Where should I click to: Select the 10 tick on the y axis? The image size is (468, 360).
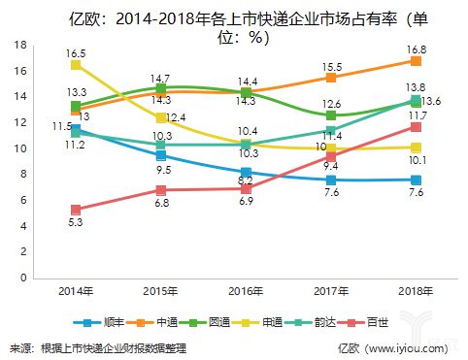pyautogui.click(x=20, y=148)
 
